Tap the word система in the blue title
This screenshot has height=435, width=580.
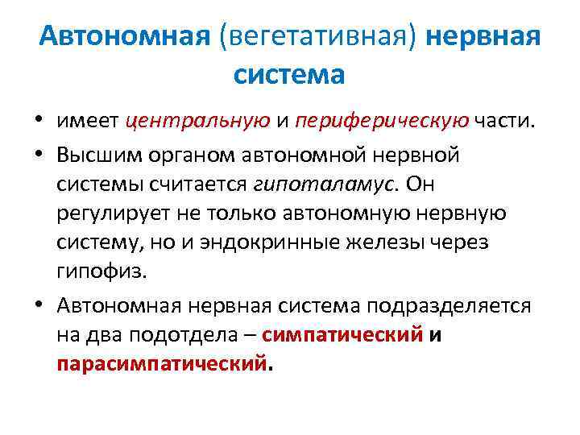(289, 74)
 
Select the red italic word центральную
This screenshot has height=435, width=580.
(197, 122)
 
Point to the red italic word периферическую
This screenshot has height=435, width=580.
(382, 122)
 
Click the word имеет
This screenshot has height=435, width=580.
(87, 122)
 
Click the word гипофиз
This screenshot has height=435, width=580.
(101, 271)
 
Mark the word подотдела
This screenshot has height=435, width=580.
(193, 336)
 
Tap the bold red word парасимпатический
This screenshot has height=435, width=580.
(161, 364)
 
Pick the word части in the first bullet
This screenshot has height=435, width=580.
(503, 122)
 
